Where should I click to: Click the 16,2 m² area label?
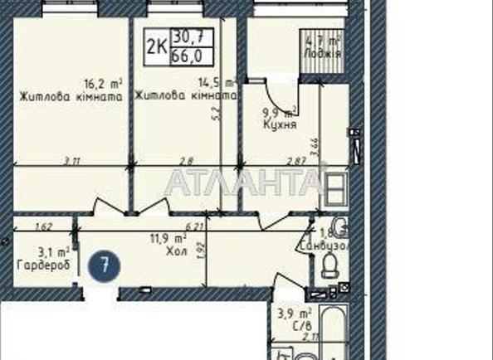coord(102,84)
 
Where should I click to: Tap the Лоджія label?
coord(323,54)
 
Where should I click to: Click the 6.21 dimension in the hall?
coord(194,226)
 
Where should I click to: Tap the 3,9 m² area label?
coord(294,314)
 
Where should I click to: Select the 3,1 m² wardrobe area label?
coord(52,252)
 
